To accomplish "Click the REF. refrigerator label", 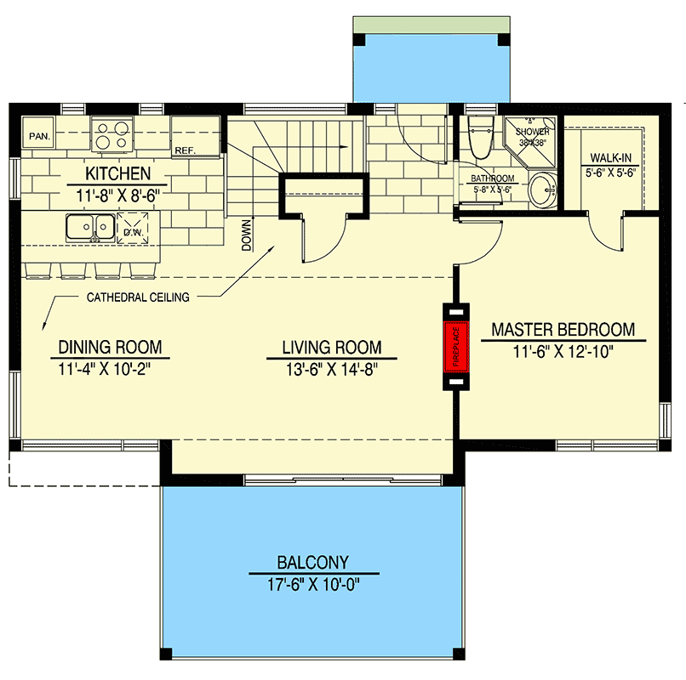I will point(185,150).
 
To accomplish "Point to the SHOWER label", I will point(533,133).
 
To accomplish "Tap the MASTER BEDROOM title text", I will point(563,330).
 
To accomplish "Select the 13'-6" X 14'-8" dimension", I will point(332,368).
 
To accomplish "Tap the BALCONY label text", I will point(312,562).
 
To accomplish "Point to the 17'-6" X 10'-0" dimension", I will point(312,583).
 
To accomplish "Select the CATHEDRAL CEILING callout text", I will point(137,297).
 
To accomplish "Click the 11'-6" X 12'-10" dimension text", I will point(563,351).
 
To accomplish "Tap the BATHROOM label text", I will point(493,178).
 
